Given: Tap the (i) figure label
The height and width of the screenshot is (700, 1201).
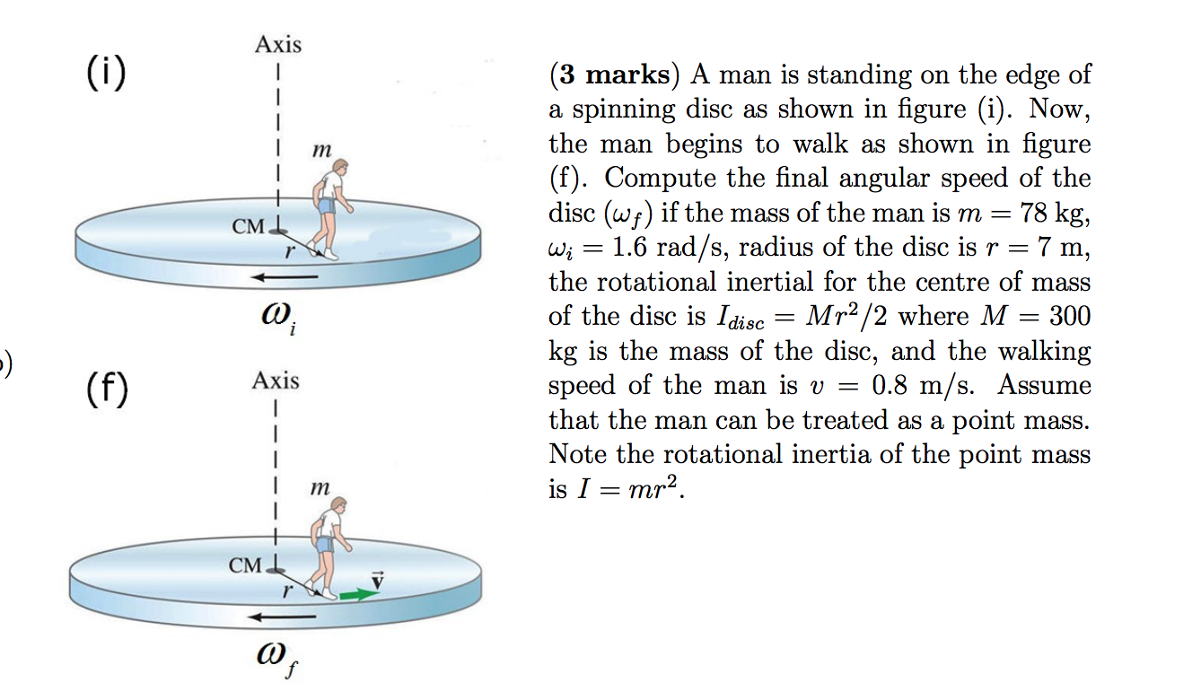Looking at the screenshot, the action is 105,73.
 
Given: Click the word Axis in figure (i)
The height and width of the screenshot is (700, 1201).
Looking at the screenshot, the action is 278,44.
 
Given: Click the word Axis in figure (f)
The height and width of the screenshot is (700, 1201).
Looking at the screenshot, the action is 276,381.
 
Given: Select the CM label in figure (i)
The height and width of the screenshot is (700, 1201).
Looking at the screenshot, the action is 249,226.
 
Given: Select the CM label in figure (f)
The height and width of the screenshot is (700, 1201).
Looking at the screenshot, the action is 246,565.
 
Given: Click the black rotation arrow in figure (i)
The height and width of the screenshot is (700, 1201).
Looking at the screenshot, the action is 284,277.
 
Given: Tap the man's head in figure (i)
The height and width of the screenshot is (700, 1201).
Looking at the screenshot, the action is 339,168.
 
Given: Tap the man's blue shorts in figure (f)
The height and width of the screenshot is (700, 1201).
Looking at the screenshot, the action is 324,544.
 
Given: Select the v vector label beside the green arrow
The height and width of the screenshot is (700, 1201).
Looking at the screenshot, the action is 378,580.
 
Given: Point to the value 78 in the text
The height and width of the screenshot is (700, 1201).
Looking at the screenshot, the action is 1029,214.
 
